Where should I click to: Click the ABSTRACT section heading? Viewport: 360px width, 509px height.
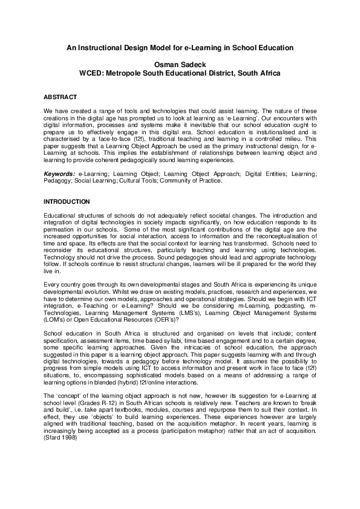click(x=60, y=97)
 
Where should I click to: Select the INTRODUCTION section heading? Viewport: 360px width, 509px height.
click(x=67, y=201)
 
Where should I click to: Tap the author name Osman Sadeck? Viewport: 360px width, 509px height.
click(x=180, y=62)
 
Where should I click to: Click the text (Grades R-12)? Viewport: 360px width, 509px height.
click(x=91, y=410)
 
